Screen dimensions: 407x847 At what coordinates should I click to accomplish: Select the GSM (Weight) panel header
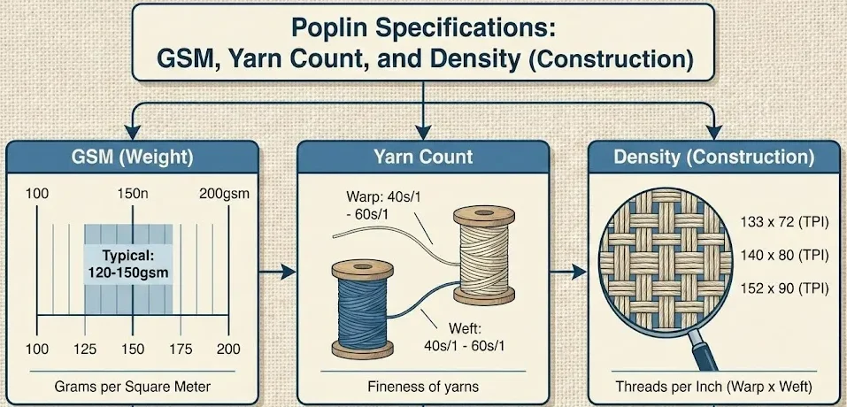coord(132,158)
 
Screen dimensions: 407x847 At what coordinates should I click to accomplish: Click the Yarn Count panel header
coord(424,158)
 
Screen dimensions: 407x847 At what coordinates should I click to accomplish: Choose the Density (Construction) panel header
coord(714,158)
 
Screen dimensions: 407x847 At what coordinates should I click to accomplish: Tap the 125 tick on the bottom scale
coord(85,349)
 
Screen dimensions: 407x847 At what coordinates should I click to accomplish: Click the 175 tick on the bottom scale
coord(181,349)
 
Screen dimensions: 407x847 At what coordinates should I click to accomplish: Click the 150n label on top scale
coord(133,194)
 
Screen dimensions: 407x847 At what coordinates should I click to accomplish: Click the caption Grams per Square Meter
coord(132,387)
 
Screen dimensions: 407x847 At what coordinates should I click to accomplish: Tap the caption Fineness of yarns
coord(423,387)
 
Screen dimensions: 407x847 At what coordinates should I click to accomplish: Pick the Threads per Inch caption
coord(714,387)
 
